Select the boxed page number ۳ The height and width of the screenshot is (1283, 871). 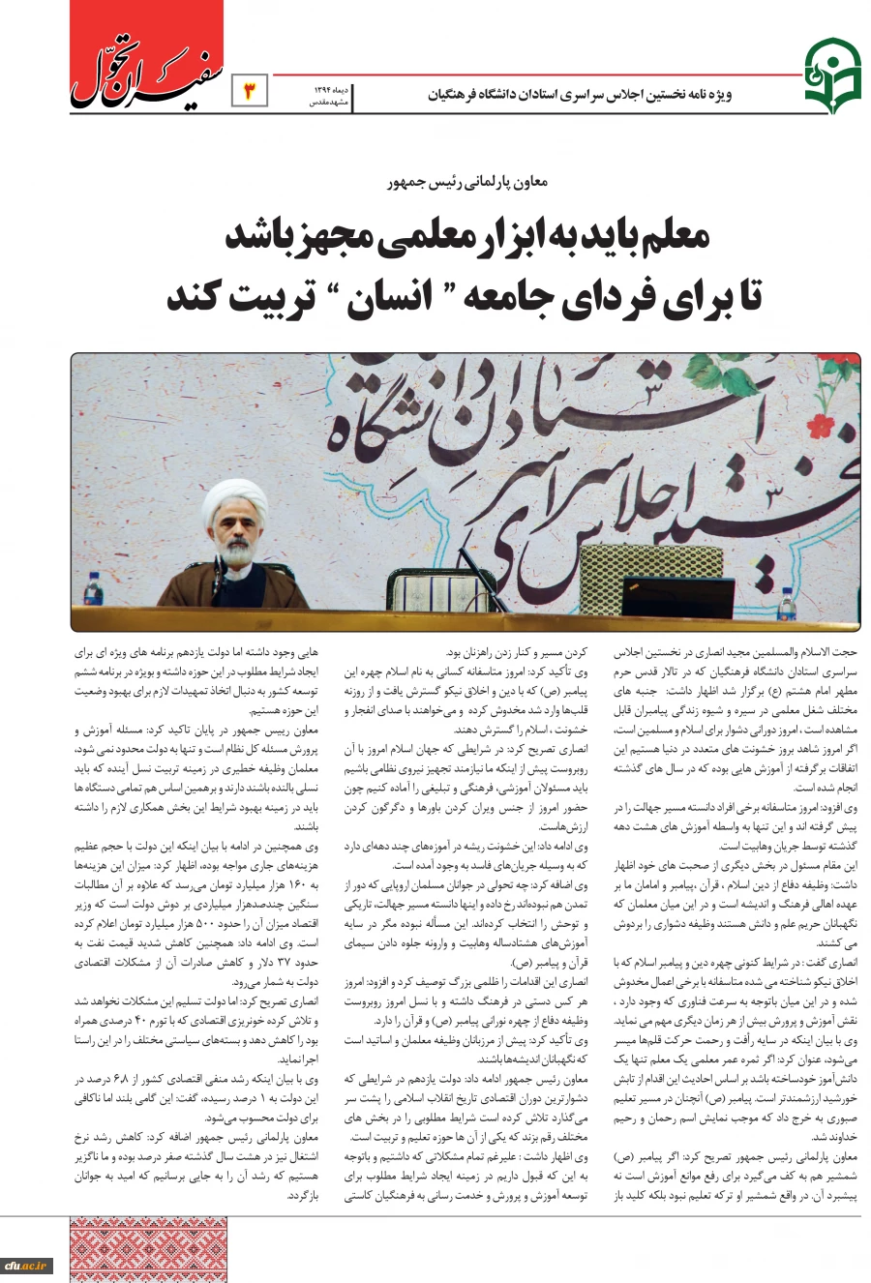tap(250, 92)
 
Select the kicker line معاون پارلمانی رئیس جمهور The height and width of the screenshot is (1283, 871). tap(467, 181)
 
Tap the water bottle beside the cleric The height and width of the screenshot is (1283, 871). tap(92, 590)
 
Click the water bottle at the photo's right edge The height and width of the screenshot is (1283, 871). tap(788, 608)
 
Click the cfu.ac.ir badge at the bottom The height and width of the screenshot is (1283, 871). tap(26, 1265)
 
